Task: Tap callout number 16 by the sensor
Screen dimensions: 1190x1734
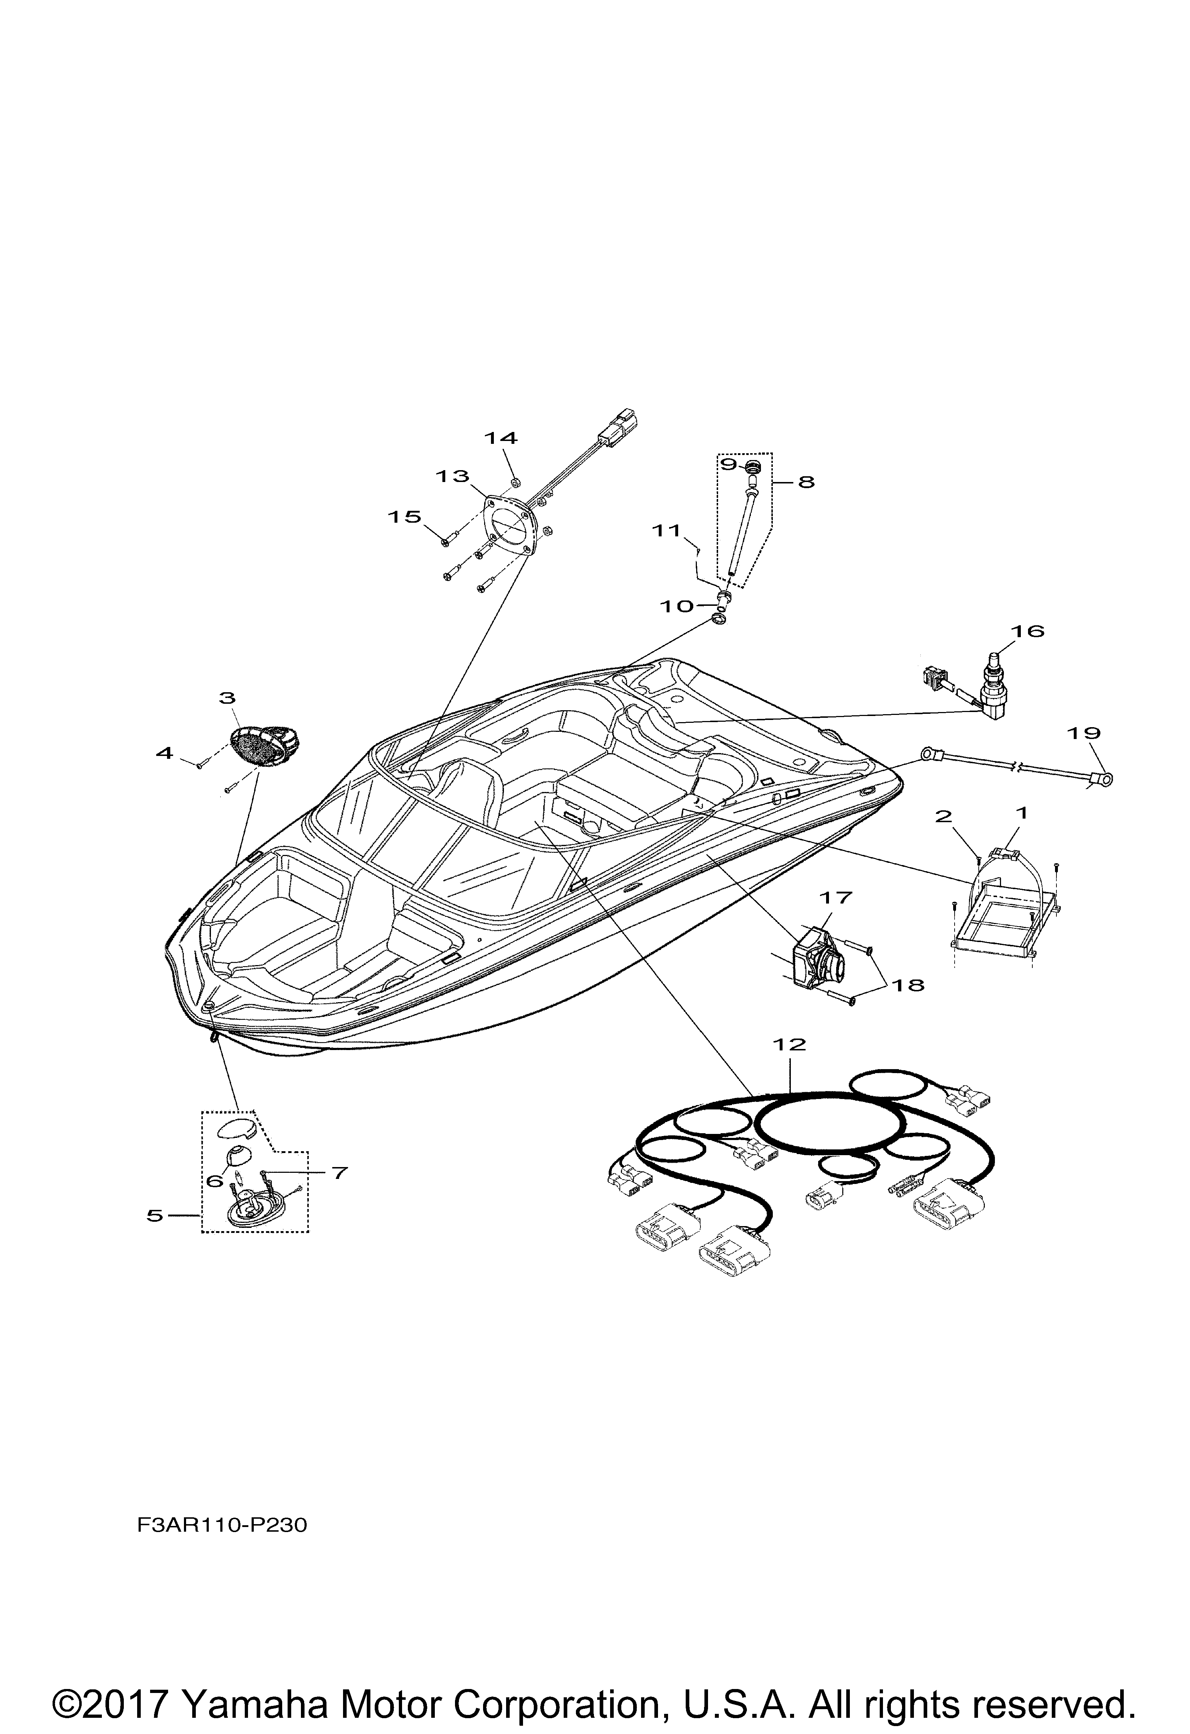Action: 1027,631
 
